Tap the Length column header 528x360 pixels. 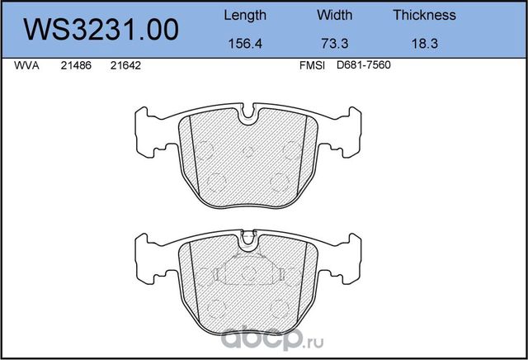245,15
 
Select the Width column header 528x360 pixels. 334,15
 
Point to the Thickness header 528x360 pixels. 424,15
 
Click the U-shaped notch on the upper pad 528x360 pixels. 248,116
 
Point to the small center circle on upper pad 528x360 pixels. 248,149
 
